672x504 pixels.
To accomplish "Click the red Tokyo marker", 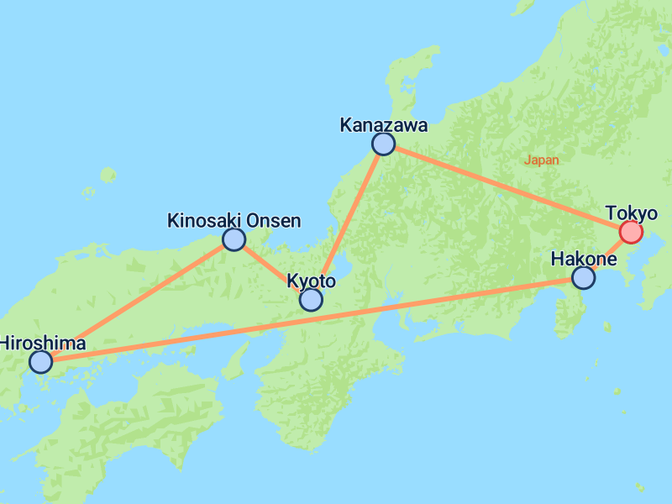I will [631, 232].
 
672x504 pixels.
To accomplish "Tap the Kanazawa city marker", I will [383, 144].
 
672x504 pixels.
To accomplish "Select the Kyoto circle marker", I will [311, 299].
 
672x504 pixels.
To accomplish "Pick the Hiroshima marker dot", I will [40, 362].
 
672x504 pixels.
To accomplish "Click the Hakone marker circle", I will [583, 277].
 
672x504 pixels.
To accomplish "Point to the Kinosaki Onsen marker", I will [234, 239].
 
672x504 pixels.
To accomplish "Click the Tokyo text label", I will [631, 213].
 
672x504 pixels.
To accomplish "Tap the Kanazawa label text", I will [383, 125].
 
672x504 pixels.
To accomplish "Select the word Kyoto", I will [311, 281].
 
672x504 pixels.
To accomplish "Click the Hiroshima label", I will [43, 343].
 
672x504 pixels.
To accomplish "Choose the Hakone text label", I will [583, 259].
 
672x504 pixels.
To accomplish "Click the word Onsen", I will [273, 221].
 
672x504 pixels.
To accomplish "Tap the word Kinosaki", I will [204, 221].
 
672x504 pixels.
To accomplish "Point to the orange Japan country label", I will [541, 160].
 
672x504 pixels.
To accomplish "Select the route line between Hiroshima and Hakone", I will [312, 320].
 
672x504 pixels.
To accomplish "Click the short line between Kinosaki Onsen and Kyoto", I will [272, 269].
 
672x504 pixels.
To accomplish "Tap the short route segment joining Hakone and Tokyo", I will [607, 255].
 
